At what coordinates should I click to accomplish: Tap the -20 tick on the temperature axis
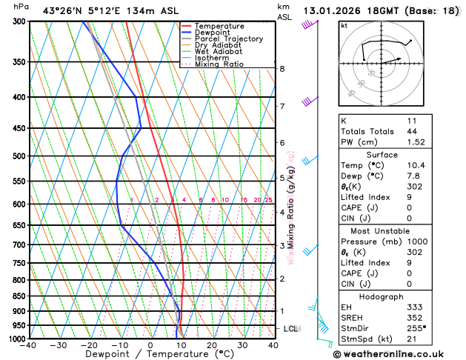tap(90, 345)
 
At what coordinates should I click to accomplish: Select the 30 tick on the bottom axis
tap(242, 345)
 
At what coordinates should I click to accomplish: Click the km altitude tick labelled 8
tap(282, 69)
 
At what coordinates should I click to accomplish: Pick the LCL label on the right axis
tap(291, 328)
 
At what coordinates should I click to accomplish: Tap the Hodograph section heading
tap(381, 296)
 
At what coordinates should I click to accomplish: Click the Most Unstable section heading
tap(381, 220)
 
